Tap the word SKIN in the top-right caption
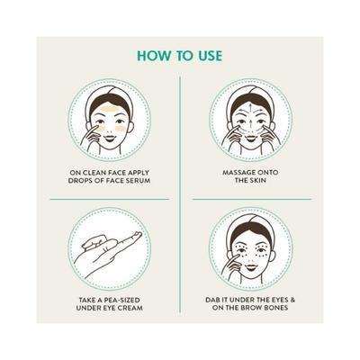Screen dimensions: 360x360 (246, 179)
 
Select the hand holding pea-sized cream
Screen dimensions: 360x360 (103, 247)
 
